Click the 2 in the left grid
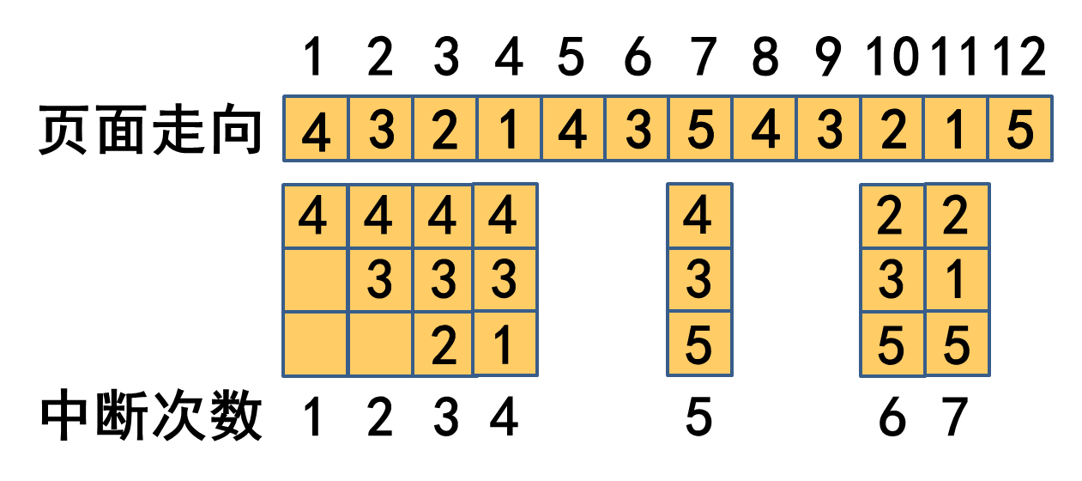[x=443, y=344]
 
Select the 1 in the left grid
[x=505, y=344]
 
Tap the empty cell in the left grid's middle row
[x=315, y=280]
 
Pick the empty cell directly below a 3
[x=379, y=344]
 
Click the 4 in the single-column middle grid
[x=699, y=216]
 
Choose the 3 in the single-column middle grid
[x=699, y=280]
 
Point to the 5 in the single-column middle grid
[x=699, y=344]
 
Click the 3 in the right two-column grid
[x=892, y=280]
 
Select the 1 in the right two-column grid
[x=957, y=280]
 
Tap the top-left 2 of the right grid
[x=892, y=216]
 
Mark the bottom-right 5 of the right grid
[x=957, y=344]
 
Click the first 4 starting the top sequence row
[x=316, y=129]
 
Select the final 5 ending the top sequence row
[x=1020, y=129]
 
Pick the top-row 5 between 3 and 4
[x=700, y=129]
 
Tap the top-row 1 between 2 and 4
[x=508, y=129]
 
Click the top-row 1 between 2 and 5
[x=956, y=129]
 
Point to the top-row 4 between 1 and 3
[x=572, y=129]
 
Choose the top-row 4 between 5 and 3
[x=764, y=129]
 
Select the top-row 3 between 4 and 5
[x=636, y=129]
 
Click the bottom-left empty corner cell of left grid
[x=315, y=344]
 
